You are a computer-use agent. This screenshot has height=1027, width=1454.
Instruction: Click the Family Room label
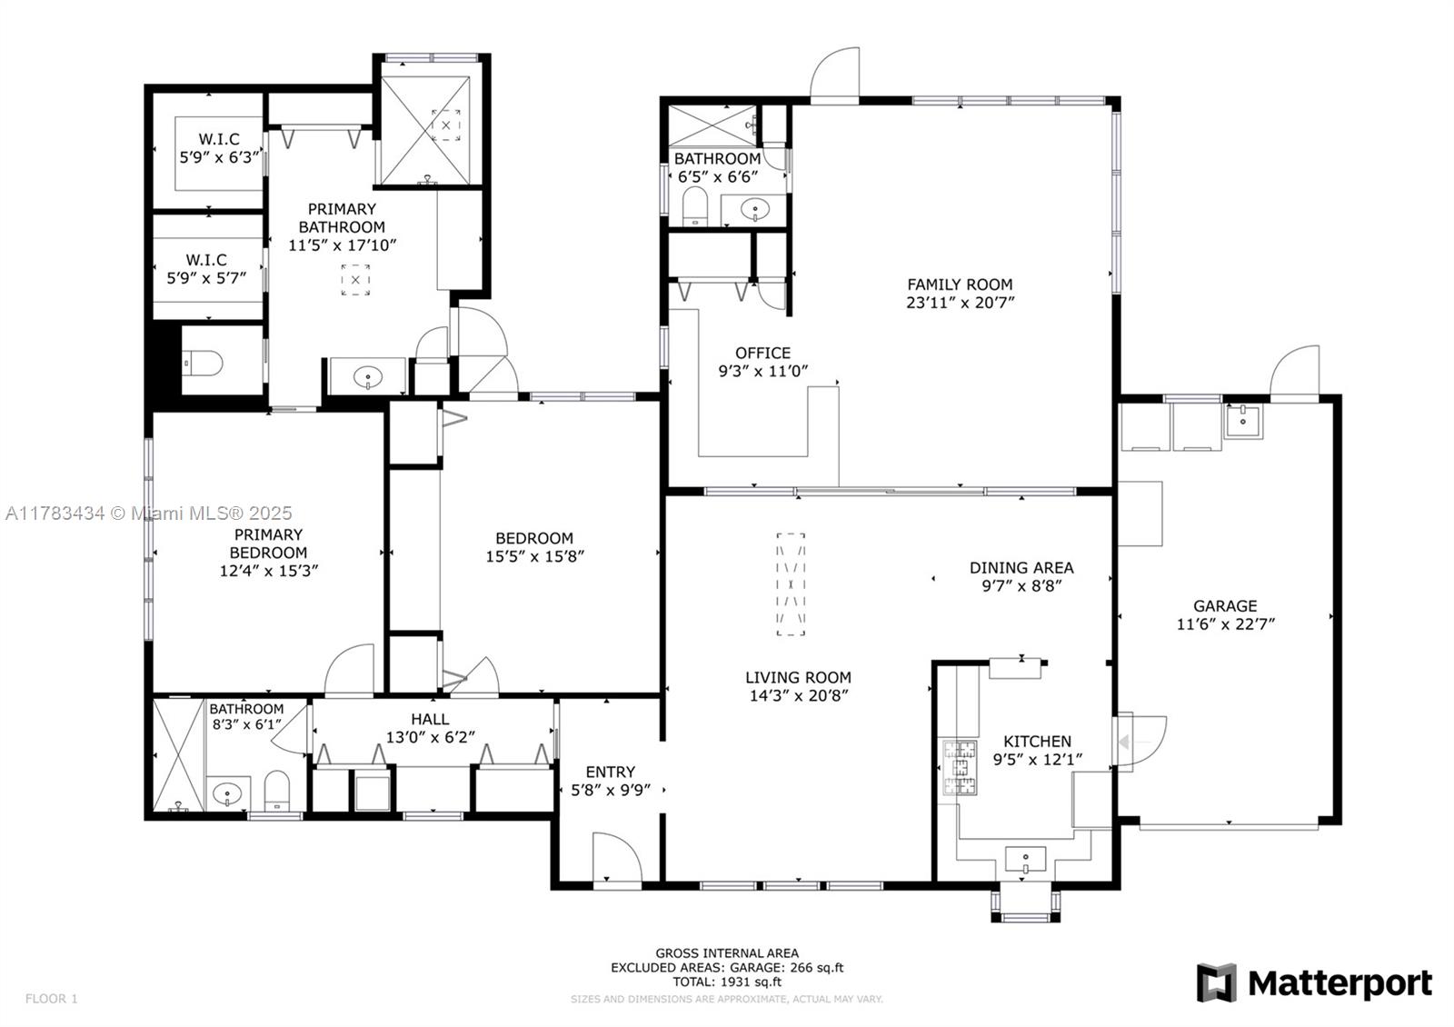coord(960,284)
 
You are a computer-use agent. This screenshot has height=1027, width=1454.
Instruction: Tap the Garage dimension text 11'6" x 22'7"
coord(1225,624)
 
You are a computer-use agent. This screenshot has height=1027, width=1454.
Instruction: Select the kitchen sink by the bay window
coord(1025,858)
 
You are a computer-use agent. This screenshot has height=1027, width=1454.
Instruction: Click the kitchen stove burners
coord(958,768)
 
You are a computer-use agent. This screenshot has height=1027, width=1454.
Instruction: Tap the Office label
coord(762,353)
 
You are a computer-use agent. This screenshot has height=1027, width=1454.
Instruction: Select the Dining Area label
coord(1021,568)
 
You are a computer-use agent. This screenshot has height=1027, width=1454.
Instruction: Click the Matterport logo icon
coord(1216,982)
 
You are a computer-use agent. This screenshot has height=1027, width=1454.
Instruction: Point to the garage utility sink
coord(1242,422)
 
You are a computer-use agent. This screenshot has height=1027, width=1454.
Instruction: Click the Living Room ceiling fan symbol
coord(791,584)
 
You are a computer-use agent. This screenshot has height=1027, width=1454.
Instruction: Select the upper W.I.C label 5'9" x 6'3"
coord(219,148)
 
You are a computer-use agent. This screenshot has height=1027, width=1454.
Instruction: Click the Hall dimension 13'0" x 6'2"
coord(430,737)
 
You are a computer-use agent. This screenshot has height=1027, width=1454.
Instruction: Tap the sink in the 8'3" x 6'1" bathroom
coord(226,794)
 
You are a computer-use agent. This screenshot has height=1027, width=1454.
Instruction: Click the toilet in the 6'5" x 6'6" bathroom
coord(694,208)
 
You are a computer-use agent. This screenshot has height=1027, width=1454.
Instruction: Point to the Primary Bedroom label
coord(268,543)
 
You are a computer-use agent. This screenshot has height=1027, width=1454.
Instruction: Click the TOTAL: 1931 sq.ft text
coord(727,982)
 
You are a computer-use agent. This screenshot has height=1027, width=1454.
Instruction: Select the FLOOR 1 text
coord(51,999)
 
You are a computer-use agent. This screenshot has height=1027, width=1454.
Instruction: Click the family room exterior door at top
coord(835,76)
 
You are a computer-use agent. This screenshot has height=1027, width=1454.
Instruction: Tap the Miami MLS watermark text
coord(149,513)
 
